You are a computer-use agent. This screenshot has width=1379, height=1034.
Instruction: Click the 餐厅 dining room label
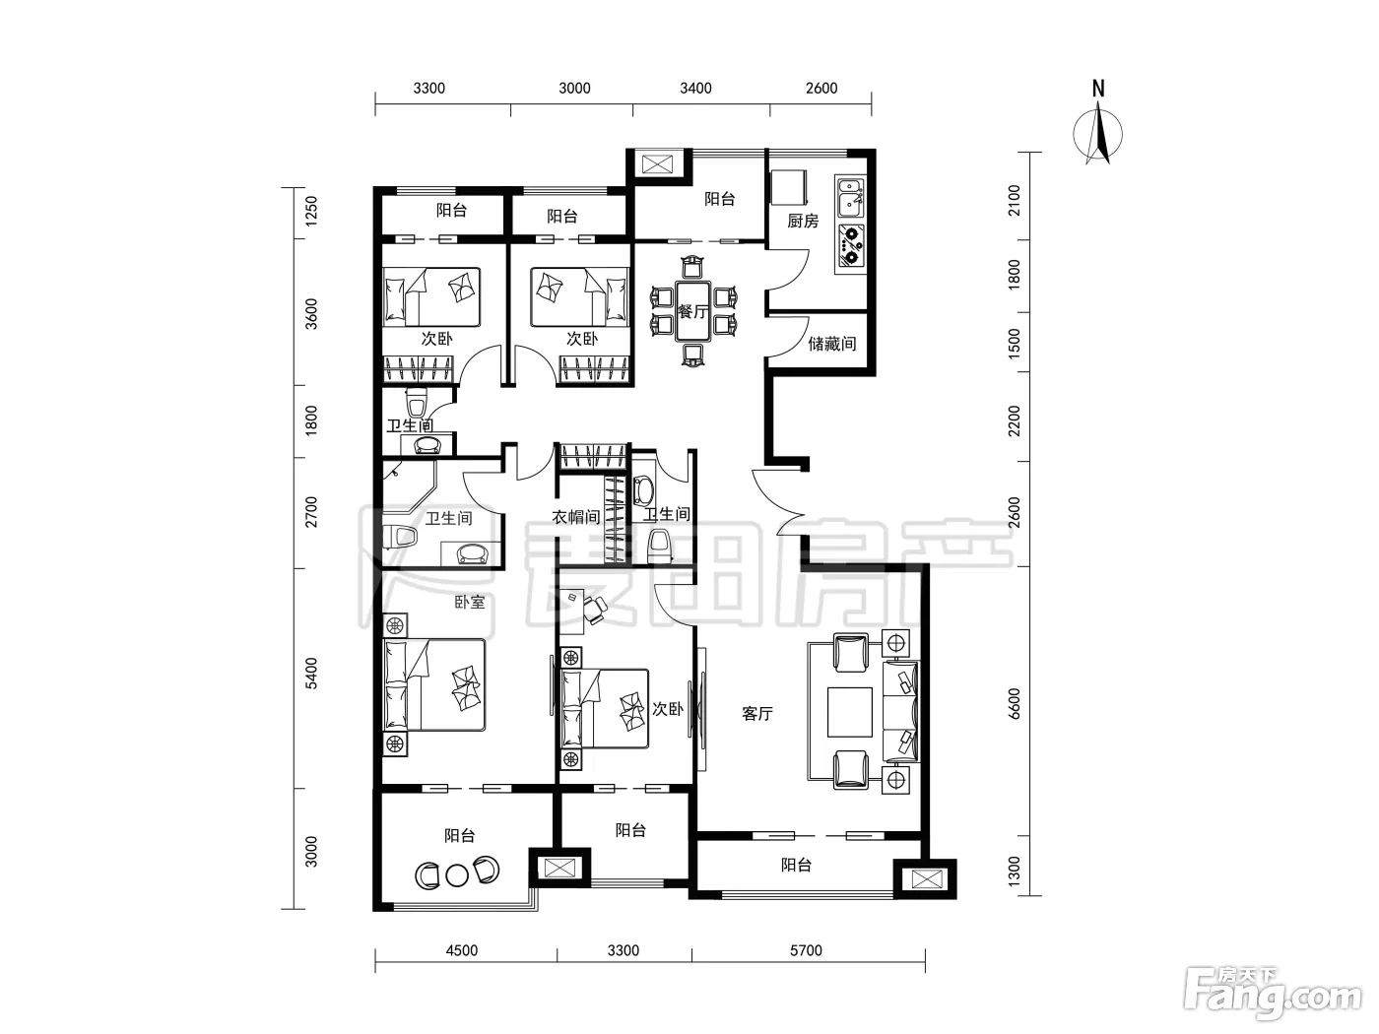point(692,311)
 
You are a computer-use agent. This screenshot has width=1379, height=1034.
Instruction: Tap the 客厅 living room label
point(757,714)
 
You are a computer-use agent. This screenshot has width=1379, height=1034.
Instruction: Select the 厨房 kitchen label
point(803,221)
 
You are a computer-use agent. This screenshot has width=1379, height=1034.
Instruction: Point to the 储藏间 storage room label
point(831,344)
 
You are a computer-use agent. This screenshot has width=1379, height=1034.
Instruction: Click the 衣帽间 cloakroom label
point(576,517)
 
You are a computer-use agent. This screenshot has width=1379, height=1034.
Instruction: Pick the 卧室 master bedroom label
point(470,602)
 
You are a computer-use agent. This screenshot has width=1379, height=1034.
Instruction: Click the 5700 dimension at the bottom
point(806,950)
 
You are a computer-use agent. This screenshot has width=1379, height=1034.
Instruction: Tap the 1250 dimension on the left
point(311,211)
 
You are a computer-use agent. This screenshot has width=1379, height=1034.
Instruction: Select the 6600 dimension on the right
point(1014,704)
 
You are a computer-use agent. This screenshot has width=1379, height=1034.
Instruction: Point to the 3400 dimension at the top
point(696,89)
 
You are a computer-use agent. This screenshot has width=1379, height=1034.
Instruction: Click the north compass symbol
point(1097,134)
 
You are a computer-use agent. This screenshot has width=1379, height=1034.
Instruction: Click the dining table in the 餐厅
point(692,311)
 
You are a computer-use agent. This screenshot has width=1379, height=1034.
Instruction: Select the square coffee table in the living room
point(850,712)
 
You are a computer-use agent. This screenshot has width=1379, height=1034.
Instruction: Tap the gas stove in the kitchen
point(851,245)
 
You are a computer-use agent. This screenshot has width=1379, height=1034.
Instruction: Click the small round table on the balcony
point(457,875)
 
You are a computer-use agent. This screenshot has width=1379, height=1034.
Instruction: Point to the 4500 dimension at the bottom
point(462,950)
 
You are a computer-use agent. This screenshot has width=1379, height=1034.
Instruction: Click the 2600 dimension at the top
point(821,89)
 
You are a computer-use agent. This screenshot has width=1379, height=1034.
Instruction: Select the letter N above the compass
point(1098,89)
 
